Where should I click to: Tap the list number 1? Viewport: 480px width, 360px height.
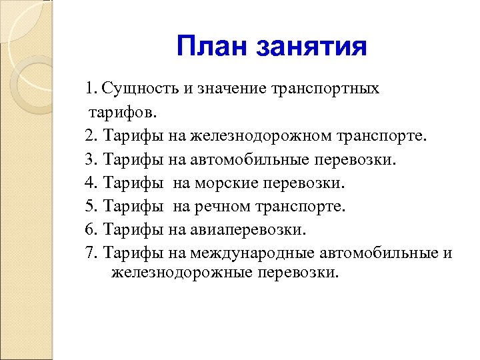[x=91, y=89]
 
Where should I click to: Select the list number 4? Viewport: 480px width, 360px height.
[x=91, y=183]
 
